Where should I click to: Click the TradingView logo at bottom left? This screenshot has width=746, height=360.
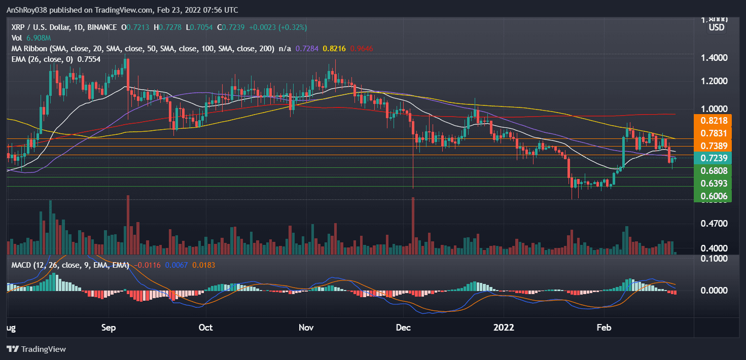[36, 349]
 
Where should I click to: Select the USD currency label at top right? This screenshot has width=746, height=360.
[716, 27]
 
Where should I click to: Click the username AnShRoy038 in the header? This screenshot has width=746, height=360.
[27, 10]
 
